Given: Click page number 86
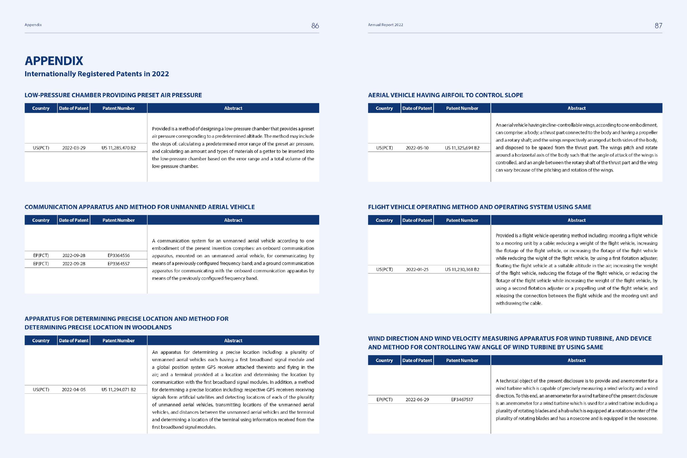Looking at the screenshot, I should (315, 26).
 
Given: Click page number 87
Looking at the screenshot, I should (658, 26).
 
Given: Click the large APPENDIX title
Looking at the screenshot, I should (54, 61).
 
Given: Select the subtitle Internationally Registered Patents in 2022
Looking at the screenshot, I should (97, 74).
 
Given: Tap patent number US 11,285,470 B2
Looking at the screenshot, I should (118, 148).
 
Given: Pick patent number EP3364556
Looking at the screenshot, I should (118, 255).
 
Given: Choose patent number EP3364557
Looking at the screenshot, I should (118, 264).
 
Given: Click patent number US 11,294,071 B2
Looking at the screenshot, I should (118, 390).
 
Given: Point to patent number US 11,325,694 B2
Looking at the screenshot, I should (462, 148).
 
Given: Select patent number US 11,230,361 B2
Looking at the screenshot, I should (462, 270).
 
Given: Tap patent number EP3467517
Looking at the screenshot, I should (462, 400).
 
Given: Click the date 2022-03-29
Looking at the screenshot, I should (74, 148).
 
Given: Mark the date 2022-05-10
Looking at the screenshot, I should (417, 148).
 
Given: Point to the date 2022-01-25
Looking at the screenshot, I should (417, 270).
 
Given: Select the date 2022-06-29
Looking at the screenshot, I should (417, 400).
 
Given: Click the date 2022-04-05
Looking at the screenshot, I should (74, 390).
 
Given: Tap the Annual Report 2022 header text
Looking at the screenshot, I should (385, 25).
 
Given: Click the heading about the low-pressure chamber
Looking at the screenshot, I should (113, 95).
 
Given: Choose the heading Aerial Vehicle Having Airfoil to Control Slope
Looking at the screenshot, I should (445, 95).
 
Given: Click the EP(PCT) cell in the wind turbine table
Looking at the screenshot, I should (384, 400).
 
